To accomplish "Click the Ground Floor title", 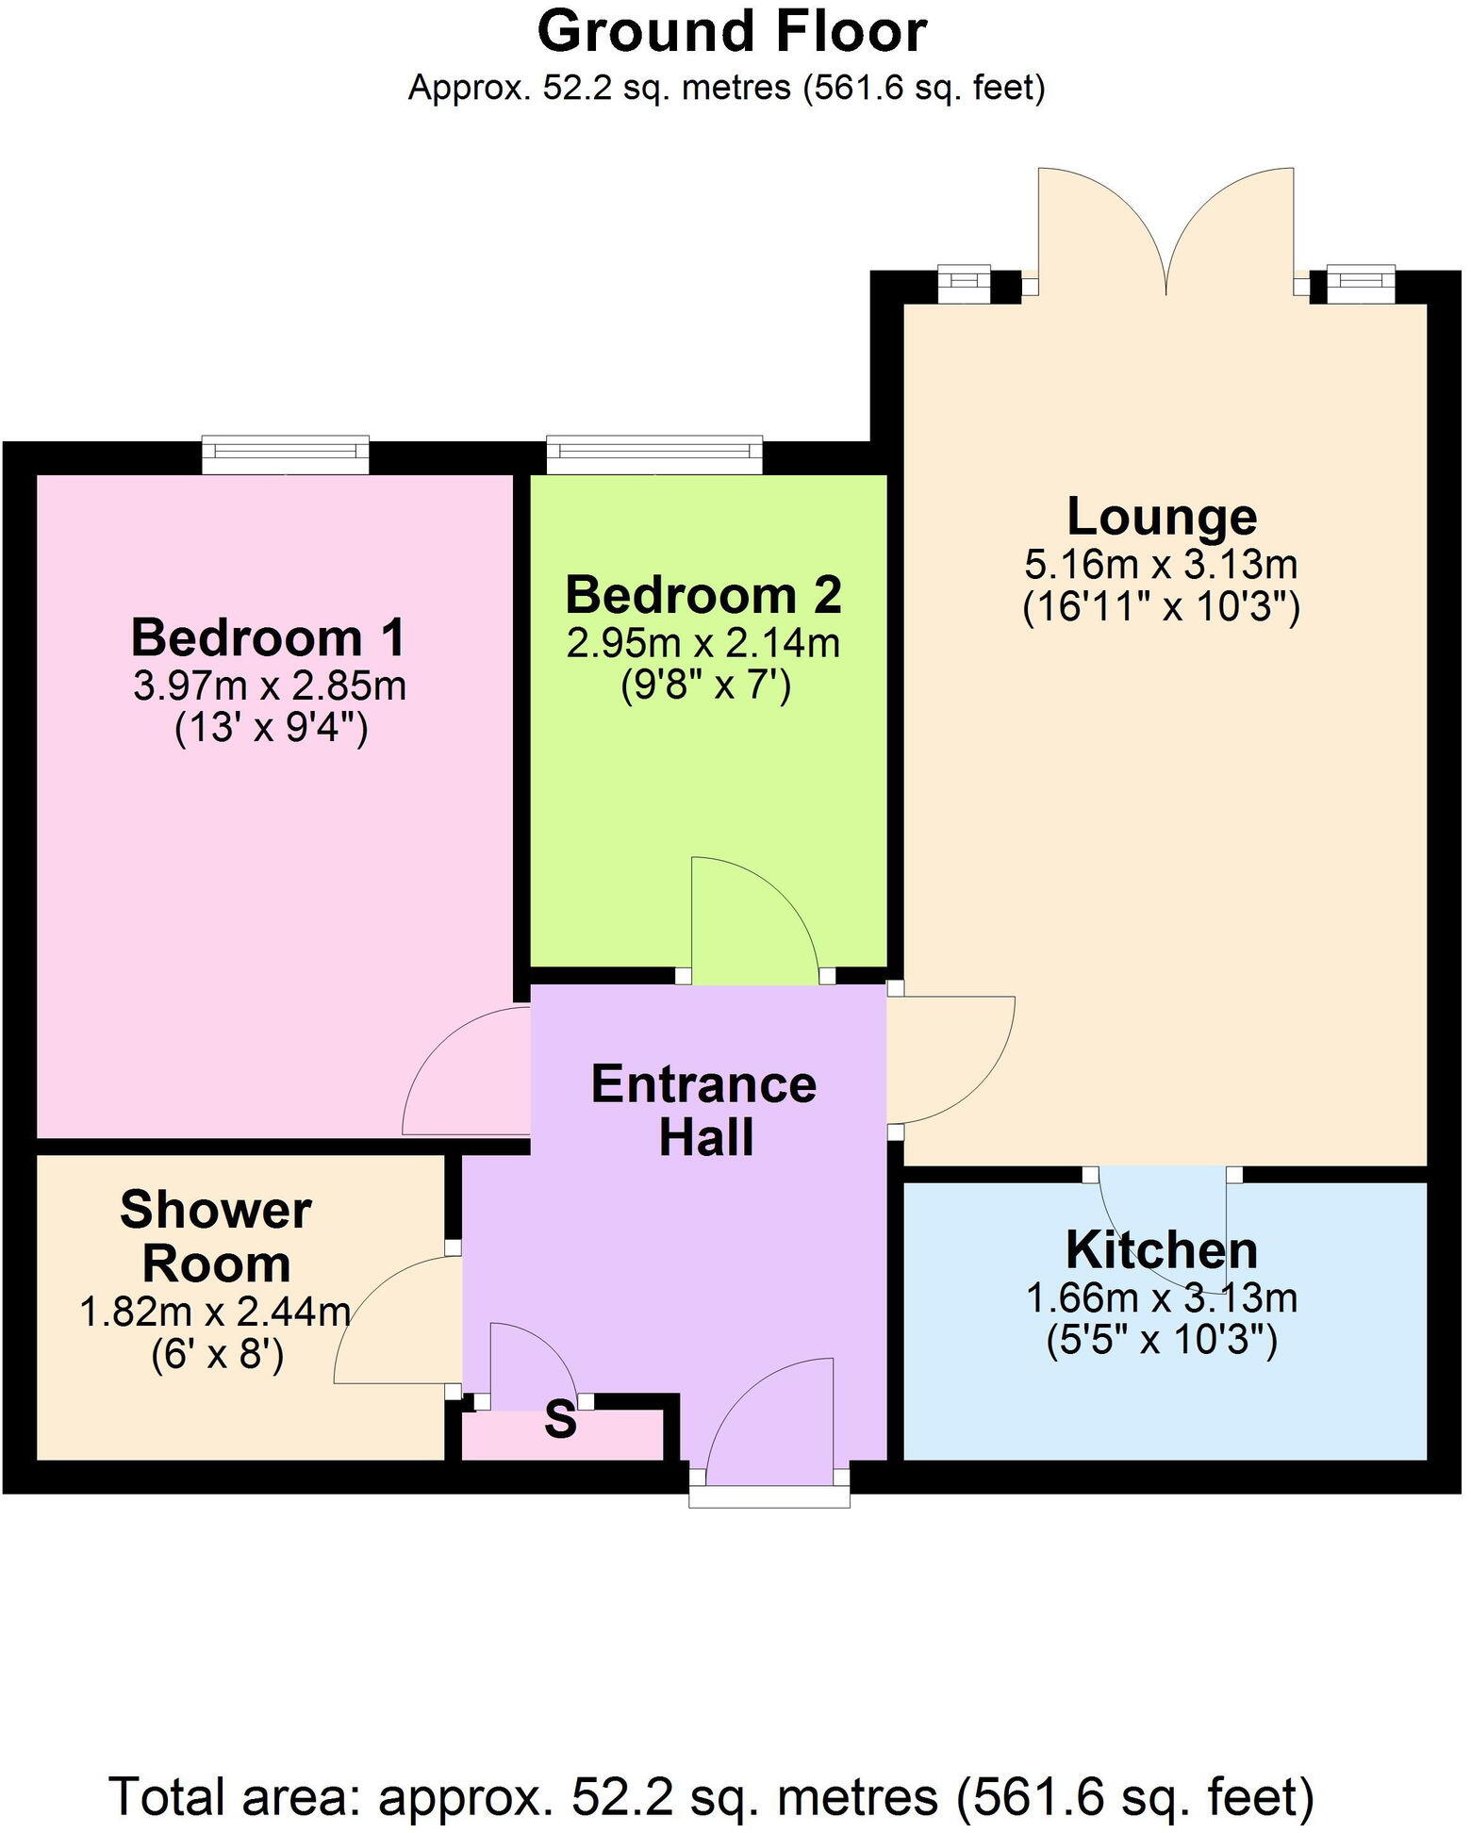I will [x=732, y=32].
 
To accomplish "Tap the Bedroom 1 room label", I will [x=269, y=637].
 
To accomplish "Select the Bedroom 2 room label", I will [x=703, y=595].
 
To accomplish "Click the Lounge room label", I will [x=1162, y=517].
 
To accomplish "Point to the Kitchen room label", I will [x=1162, y=1250].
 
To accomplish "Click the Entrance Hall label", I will [x=704, y=1111].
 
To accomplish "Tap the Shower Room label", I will [x=216, y=1236].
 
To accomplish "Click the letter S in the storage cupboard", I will [x=560, y=1420].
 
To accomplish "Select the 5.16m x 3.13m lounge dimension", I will [x=1162, y=565].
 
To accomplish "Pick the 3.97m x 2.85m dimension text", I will [x=270, y=685].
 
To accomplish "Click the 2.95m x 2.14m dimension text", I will [x=703, y=643].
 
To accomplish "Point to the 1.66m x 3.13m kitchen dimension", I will [x=1162, y=1298].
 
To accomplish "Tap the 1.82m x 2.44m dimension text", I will [x=216, y=1312].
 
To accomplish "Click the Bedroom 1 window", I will [x=286, y=455].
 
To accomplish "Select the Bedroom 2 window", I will [x=654, y=454].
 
